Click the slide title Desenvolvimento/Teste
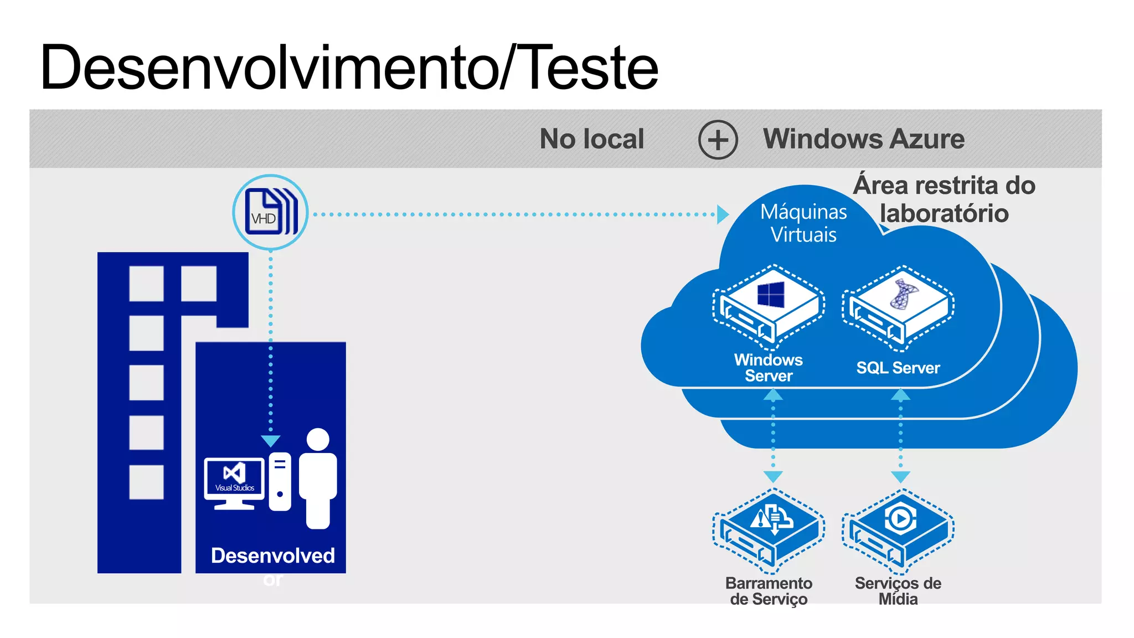349,68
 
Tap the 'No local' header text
591,138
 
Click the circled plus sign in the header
718,140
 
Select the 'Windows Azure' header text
863,138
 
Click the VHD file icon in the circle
270,212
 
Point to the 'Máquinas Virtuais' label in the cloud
803,223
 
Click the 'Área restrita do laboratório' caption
944,199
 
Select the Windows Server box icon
769,307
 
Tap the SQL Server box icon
898,308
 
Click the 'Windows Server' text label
769,368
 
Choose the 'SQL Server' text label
898,368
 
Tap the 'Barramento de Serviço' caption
769,591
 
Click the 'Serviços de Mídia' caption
898,591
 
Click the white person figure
318,477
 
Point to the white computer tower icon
280,481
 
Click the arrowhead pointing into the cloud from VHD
723,214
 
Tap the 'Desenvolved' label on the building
273,555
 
